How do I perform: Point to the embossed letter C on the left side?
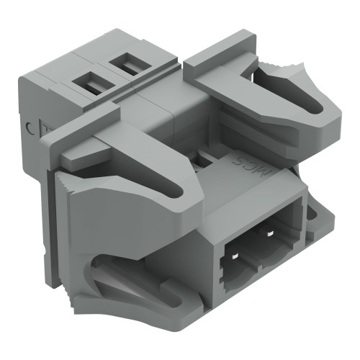pyautogui.click(x=29, y=129)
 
